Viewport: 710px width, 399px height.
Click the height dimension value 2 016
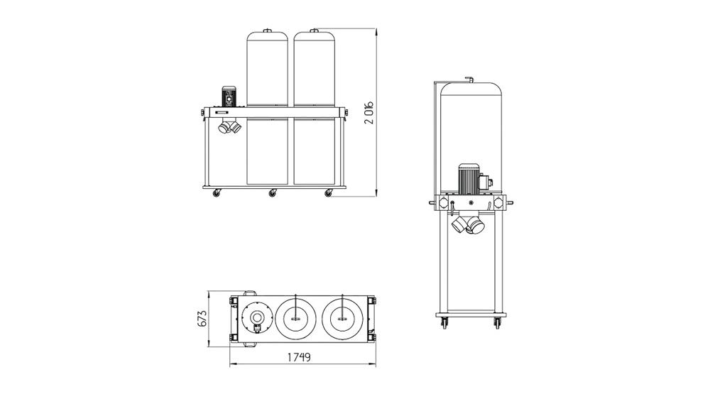click(369, 111)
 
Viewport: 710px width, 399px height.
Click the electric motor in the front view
click(229, 97)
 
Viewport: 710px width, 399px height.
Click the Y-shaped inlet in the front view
click(229, 127)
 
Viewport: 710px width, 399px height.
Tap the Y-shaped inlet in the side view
click(468, 224)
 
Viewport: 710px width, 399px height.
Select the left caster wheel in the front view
click(217, 193)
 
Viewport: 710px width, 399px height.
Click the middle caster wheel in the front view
click(272, 193)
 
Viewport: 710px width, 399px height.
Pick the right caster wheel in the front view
click(328, 193)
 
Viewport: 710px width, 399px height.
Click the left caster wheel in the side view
click(444, 324)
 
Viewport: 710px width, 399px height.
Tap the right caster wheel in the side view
click(496, 324)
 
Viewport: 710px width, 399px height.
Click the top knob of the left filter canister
click(267, 30)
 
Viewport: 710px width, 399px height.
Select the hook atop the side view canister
click(469, 80)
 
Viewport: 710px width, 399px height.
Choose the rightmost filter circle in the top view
click(342, 318)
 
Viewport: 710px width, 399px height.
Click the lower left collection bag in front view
click(267, 151)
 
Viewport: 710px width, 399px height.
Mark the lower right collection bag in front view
click(315, 151)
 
